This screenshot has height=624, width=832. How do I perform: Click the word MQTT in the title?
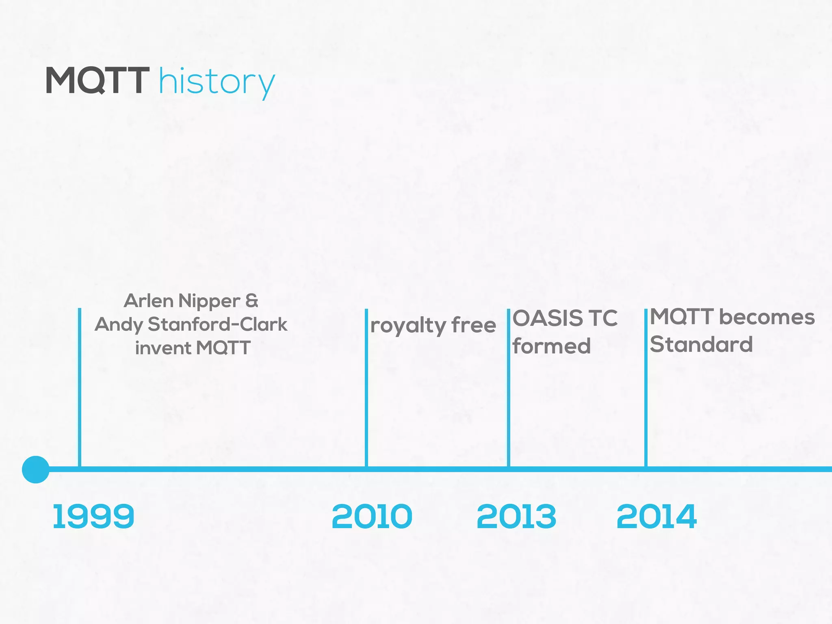97,80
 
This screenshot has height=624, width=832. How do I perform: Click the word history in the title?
217,82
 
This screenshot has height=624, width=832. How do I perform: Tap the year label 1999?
93,516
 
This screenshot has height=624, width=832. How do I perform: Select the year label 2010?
372,516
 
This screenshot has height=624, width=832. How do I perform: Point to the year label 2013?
516,516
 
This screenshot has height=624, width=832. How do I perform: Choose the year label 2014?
656,516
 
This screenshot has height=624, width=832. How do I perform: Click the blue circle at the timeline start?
36,470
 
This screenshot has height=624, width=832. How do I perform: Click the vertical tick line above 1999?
80,386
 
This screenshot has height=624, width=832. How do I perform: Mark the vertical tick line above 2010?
366,386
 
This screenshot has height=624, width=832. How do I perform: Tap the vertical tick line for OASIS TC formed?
508,386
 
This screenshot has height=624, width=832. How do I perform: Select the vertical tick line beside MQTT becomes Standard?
646,386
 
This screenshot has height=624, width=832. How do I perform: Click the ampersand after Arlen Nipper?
252,301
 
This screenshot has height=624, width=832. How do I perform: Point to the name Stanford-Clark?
217,324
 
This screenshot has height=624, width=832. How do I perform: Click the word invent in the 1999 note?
163,348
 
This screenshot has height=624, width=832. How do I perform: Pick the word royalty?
408,326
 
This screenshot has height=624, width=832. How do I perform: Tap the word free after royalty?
474,325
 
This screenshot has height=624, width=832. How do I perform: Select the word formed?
551,346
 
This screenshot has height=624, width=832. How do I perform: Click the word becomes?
767,317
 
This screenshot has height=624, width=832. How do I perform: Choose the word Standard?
701,344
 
